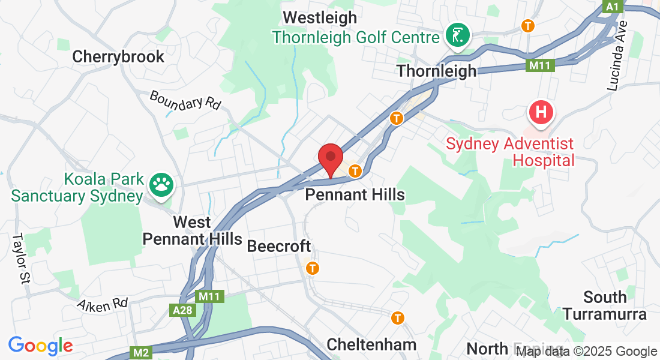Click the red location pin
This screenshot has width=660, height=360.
330,158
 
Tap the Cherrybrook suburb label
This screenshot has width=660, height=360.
118,56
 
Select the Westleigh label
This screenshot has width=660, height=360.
320,17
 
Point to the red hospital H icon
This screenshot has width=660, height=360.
541,112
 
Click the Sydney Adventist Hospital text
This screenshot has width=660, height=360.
510,152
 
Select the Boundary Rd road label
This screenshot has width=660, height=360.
185,100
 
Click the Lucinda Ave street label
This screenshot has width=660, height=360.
617,56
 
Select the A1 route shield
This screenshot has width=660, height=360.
611,6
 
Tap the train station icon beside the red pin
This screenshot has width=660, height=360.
356,171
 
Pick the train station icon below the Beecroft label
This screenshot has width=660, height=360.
312,268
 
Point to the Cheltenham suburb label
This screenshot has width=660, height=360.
371,344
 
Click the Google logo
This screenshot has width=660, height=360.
40,346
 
